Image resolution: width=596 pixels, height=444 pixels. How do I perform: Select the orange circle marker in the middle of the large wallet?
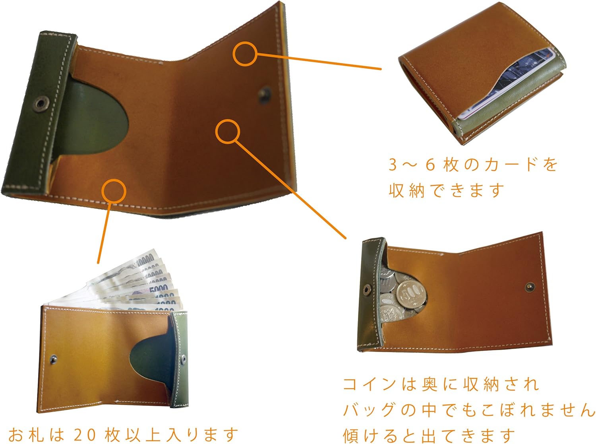(228, 131)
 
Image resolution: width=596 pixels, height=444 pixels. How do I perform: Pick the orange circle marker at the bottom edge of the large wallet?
(114, 191)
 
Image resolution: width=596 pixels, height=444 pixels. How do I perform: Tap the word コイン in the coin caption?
(370, 384)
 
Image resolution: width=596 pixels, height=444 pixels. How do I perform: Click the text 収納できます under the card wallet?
(446, 190)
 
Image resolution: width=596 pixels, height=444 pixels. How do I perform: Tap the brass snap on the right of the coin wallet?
(530, 287)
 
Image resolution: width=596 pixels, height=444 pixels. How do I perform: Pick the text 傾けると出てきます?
(429, 435)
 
